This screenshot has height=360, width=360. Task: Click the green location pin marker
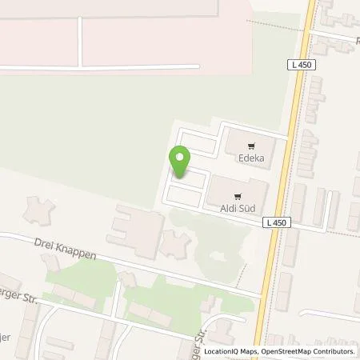(179, 160)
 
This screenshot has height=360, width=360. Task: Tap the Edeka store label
(251, 158)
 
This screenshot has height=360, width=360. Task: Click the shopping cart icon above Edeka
(251, 146)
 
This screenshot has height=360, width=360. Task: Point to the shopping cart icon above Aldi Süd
(237, 195)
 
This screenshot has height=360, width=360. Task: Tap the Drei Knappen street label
(66, 247)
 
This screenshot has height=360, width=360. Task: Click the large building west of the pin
(136, 228)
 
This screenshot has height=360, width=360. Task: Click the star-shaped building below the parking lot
(175, 244)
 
